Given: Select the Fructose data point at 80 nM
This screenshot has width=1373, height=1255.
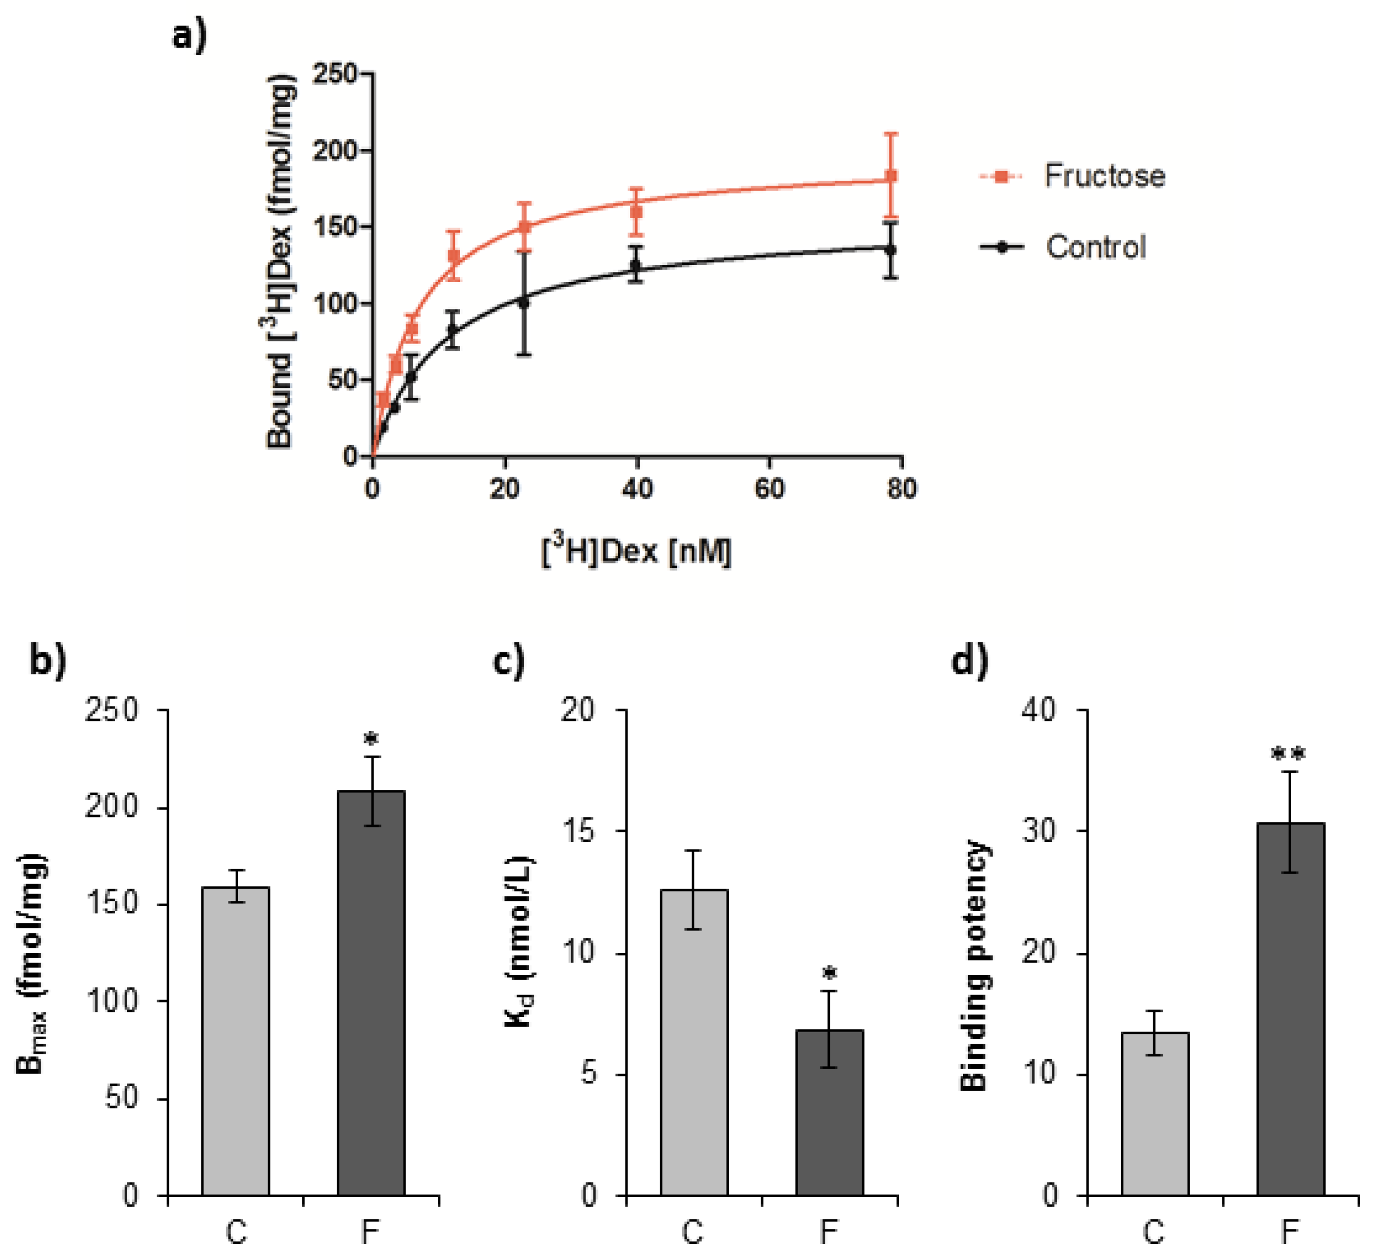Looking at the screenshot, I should [890, 176].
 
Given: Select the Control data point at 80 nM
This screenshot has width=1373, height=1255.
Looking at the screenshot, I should [890, 249].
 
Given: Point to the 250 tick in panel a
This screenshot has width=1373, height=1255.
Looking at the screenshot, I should [335, 74].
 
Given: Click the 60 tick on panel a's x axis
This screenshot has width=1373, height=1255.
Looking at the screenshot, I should [770, 488].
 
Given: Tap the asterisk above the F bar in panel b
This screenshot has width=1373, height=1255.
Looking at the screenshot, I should [371, 739].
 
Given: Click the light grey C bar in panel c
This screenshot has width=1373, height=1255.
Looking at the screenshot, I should [694, 1042].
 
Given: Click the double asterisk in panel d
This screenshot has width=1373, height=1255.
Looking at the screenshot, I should [1289, 754].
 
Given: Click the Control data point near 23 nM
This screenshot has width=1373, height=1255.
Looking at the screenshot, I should [523, 302].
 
